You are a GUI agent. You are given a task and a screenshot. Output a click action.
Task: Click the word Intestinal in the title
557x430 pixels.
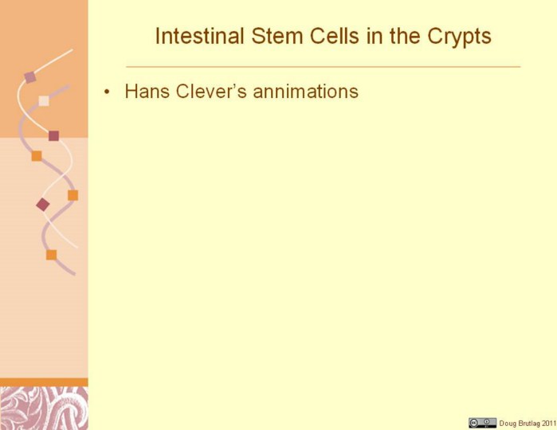click(200, 36)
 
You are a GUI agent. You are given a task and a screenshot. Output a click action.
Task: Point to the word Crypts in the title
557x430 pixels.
click(459, 37)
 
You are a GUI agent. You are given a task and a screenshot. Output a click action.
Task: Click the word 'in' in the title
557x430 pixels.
click(375, 36)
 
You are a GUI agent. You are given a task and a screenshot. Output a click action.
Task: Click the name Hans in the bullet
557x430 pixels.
click(147, 92)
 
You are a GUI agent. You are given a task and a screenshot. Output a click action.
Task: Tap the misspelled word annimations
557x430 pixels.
click(305, 92)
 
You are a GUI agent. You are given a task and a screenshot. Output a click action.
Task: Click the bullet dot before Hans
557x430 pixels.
click(107, 92)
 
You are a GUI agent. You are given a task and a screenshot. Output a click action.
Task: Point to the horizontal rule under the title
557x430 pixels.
click(324, 66)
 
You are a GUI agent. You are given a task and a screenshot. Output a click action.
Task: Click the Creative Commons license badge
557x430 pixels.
click(482, 423)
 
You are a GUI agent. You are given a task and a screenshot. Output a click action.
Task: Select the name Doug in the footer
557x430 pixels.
click(508, 424)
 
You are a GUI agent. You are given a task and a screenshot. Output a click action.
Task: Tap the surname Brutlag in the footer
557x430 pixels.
click(528, 424)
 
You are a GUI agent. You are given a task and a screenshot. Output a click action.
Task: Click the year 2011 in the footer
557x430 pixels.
click(548, 423)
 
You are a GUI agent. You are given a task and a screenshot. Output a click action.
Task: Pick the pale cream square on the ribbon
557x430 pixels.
click(44, 101)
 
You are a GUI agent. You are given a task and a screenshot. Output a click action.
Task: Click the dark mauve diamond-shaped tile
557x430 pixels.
click(43, 205)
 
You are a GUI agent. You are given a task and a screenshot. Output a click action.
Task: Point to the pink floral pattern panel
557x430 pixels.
click(44, 408)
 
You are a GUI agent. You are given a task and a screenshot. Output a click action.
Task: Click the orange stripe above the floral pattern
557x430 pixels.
click(44, 382)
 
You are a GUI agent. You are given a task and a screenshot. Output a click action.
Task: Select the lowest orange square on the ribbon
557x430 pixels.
click(51, 255)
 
